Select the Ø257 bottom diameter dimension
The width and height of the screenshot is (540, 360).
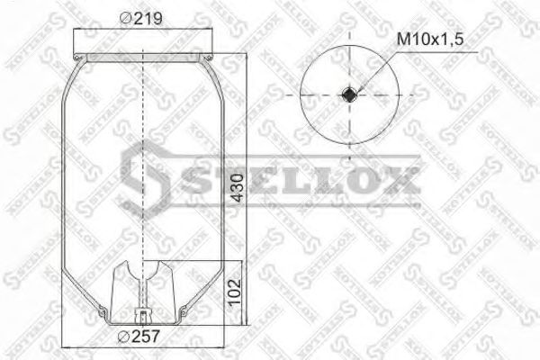click(137, 338)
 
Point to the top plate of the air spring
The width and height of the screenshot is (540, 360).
click(144, 57)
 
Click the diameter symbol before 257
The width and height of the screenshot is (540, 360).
click(122, 338)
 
